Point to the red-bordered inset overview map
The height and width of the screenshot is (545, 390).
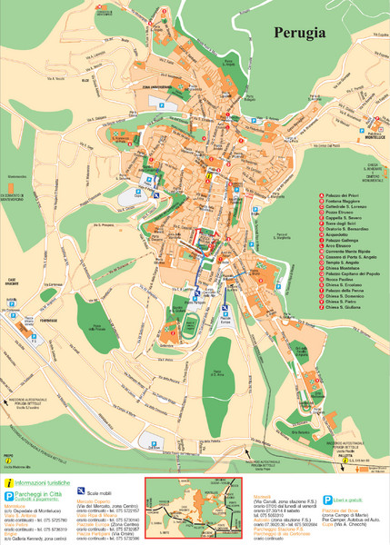coord(195,509)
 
